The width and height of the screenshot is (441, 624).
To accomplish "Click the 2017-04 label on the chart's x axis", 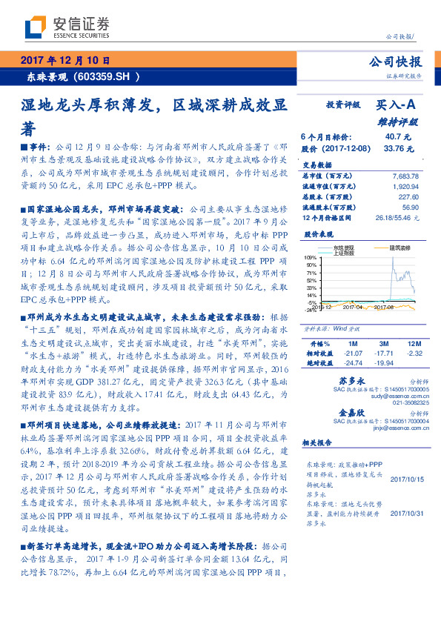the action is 353,306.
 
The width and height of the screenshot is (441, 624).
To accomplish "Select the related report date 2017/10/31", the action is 406,514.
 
